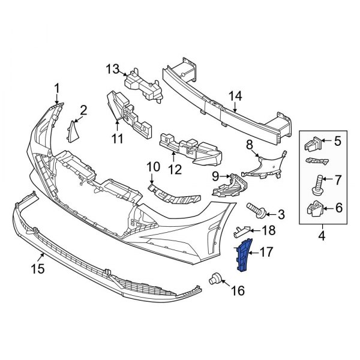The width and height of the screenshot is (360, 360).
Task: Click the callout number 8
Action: pyautogui.click(x=249, y=145)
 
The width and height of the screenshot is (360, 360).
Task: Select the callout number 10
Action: pyautogui.click(x=152, y=166)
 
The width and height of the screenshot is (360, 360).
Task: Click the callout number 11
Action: pyautogui.click(x=116, y=139)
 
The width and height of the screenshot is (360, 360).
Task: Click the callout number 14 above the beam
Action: pyautogui.click(x=235, y=95)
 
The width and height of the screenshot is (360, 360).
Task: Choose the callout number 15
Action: pyautogui.click(x=37, y=269)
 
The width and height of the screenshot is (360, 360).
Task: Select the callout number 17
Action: pyautogui.click(x=265, y=252)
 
